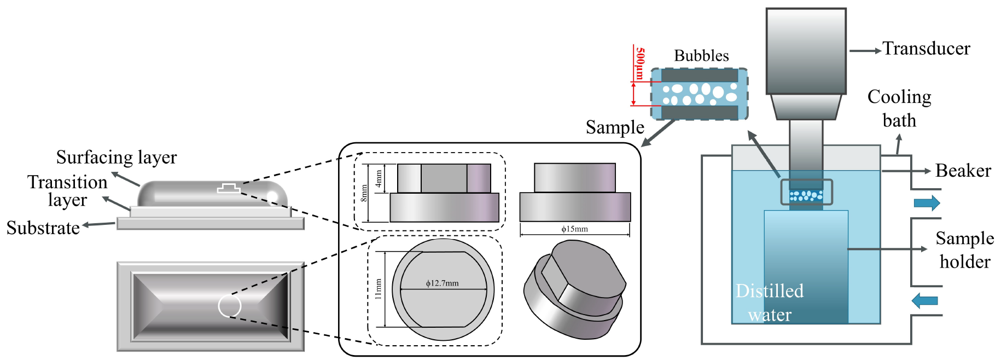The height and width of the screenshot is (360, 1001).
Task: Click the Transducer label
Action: pyautogui.click(x=926, y=49)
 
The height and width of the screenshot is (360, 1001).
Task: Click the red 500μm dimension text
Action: pyautogui.click(x=639, y=63)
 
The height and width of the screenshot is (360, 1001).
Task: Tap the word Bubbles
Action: pyautogui.click(x=701, y=56)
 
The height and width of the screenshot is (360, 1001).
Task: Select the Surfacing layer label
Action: pyautogui.click(x=117, y=158)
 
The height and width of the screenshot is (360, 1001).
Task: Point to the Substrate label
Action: pyautogui.click(x=43, y=228)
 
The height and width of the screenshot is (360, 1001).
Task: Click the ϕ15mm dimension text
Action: pyautogui.click(x=574, y=229)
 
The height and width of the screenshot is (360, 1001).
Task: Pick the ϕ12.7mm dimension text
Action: pyautogui.click(x=443, y=283)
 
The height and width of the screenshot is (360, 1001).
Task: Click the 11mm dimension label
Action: pyautogui.click(x=378, y=288)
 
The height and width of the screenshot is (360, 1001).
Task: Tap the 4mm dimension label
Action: pyautogui.click(x=379, y=178)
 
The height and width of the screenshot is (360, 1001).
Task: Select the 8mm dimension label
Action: pyautogui.click(x=364, y=193)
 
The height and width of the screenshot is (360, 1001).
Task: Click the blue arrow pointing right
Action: pyautogui.click(x=927, y=204)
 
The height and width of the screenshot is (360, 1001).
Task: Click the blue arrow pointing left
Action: pyautogui.click(x=925, y=300)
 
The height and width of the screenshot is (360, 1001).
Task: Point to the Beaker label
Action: pyautogui.click(x=963, y=171)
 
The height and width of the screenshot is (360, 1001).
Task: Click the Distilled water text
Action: pyautogui.click(x=770, y=303)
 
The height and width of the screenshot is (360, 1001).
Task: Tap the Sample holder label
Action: pyautogui.click(x=964, y=250)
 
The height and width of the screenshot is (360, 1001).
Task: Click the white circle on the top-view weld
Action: pyautogui.click(x=230, y=306)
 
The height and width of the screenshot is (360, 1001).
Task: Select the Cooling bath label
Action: pyautogui.click(x=899, y=108)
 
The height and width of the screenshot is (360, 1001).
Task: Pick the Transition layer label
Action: pyautogui.click(x=67, y=190)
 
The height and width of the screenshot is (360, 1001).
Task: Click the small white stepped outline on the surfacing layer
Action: pyautogui.click(x=229, y=188)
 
